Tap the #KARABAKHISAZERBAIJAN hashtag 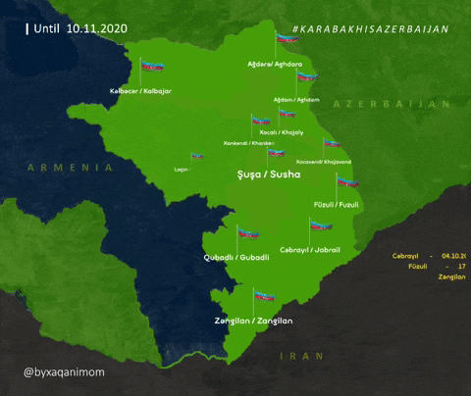tap(370, 29)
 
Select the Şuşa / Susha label tap(269, 174)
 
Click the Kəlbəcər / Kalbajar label tap(139, 90)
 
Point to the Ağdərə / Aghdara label tap(275, 62)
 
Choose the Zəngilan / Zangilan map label tap(253, 321)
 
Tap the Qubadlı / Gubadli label tap(235, 260)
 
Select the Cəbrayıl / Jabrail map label tap(309, 250)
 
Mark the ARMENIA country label tap(71, 168)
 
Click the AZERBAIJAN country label tap(391, 103)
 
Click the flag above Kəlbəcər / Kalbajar tap(151, 67)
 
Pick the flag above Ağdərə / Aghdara tap(286, 38)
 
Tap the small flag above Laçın tap(197, 156)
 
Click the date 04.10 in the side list tap(456, 256)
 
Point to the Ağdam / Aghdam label tap(295, 99)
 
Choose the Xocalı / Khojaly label tap(282, 132)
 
